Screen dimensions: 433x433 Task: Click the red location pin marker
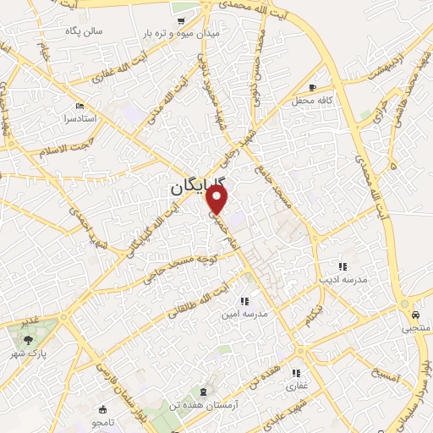(218, 200)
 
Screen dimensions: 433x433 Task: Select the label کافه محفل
(336, 100)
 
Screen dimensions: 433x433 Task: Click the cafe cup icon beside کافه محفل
(313, 87)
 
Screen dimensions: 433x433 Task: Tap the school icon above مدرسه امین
(244, 301)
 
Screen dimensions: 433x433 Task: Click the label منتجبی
(416, 326)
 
